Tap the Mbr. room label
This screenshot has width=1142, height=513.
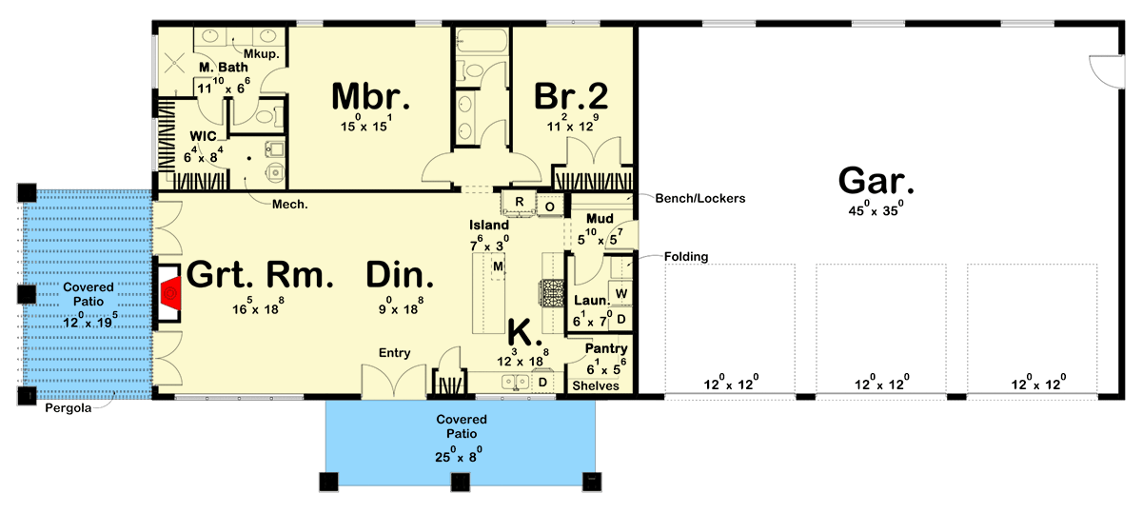pyautogui.click(x=370, y=96)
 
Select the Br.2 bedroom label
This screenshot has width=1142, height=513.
pyautogui.click(x=571, y=96)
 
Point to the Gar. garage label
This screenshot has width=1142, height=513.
pyautogui.click(x=875, y=181)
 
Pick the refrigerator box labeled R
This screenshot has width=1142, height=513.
pyautogui.click(x=520, y=202)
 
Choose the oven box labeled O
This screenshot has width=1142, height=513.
pyautogui.click(x=550, y=204)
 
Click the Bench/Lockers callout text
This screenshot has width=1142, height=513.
pyautogui.click(x=699, y=198)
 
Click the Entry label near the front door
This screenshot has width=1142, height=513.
pyautogui.click(x=394, y=353)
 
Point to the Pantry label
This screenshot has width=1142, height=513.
pyautogui.click(x=605, y=349)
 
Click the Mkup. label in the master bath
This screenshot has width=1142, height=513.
pyautogui.click(x=261, y=54)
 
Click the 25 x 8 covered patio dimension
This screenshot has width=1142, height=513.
pyautogui.click(x=462, y=454)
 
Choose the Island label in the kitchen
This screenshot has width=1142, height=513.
pyautogui.click(x=488, y=225)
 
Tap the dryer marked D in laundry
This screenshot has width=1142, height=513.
pyautogui.click(x=621, y=318)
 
